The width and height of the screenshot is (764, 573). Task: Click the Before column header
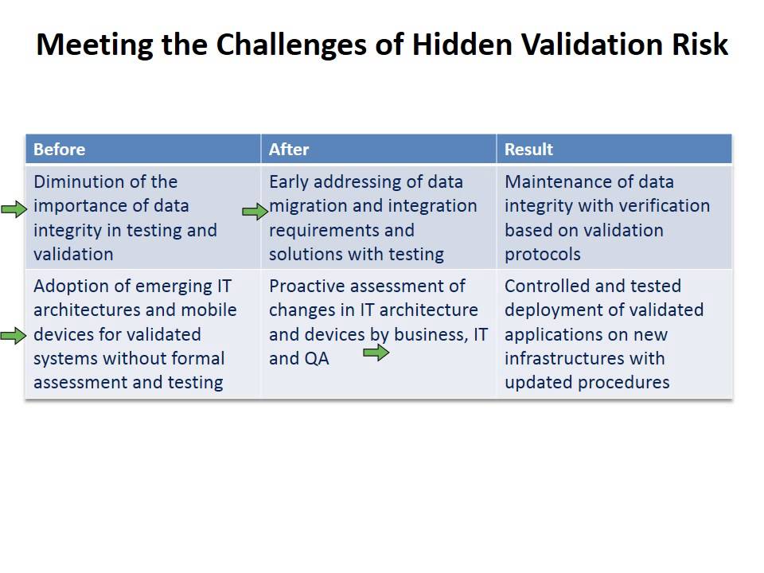point(59,150)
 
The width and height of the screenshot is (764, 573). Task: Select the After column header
point(288,150)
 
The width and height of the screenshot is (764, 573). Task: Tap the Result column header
point(528,150)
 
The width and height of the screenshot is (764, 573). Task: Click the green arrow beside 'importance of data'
point(14,209)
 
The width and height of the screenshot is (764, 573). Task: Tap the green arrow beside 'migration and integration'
point(255,211)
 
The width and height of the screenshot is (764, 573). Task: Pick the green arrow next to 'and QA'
point(376,353)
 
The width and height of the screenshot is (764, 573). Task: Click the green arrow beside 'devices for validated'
point(14,336)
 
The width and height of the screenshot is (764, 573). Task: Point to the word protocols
point(542,255)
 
